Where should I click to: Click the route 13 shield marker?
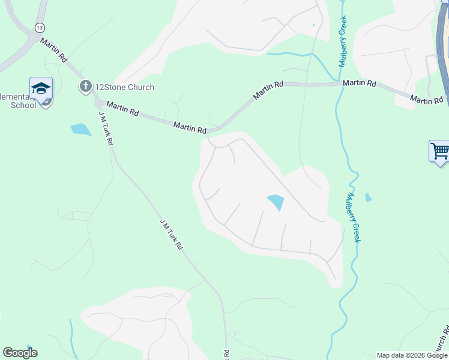[40, 28]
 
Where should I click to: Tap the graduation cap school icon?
[41, 89]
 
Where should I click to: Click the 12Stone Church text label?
[125, 87]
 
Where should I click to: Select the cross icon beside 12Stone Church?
[85, 87]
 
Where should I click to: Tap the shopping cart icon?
[439, 151]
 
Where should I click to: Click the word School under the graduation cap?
[23, 105]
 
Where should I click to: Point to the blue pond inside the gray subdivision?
[276, 202]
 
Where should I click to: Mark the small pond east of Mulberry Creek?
[368, 197]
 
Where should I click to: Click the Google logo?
[20, 353]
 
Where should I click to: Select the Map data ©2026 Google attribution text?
[412, 355]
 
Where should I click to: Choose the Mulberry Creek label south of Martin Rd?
[353, 217]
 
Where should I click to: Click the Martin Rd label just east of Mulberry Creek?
[360, 83]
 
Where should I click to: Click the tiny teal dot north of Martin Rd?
[313, 25]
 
